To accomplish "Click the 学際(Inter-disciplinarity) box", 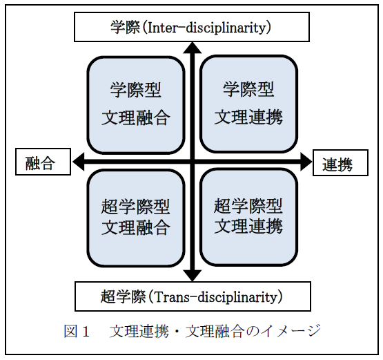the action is tap(192, 27).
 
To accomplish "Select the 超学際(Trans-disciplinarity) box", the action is tap(193, 296).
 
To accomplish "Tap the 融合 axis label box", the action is tap(43, 162).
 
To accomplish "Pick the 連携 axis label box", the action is tap(340, 162).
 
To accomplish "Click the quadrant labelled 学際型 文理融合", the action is tap(136, 105).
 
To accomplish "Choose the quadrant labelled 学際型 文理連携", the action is tap(248, 104).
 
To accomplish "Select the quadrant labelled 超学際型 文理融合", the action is tap(136, 218).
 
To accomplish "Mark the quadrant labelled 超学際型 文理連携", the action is tap(248, 217).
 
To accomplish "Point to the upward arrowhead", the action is tap(193, 48).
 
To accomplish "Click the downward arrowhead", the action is tap(193, 276).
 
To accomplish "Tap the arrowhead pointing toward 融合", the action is tap(79, 162).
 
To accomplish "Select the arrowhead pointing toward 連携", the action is tap(306, 162).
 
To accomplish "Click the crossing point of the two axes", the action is tap(193, 162).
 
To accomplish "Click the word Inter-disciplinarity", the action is tap(206, 28).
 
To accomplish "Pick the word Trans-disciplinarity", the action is tap(216, 297).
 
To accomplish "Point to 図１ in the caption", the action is tap(77, 332).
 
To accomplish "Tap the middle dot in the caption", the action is tap(177, 332).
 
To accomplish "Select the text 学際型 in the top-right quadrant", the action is tap(248, 89).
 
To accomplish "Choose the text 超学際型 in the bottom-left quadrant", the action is tap(135, 207).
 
